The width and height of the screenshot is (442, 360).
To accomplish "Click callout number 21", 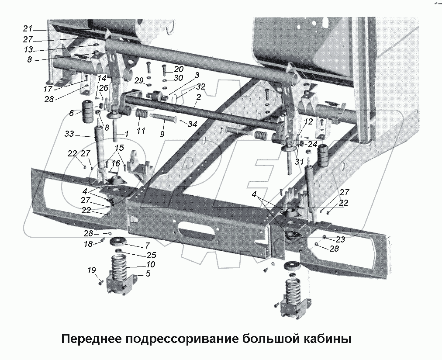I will click(28, 29).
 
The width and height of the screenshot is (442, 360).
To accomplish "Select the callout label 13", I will click(28, 49).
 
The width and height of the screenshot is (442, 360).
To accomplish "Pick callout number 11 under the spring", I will click(141, 131).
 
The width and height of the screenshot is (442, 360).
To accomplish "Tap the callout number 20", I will click(179, 69).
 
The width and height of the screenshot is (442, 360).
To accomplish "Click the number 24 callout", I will click(312, 144).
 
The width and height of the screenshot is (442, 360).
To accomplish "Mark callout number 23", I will click(341, 239).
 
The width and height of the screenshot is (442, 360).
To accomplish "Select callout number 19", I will click(91, 270).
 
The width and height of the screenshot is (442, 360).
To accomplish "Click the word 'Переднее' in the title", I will click(92, 339).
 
